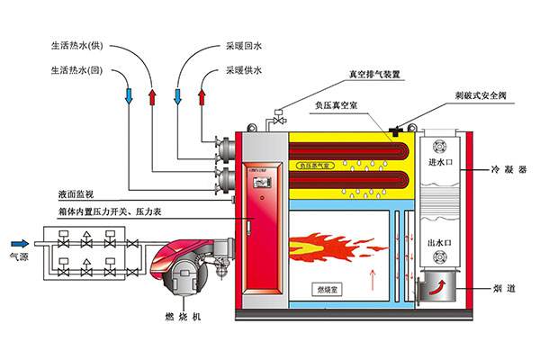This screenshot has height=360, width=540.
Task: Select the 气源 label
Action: pos(19,256)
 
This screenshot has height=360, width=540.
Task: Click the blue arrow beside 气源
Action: pos(19,242)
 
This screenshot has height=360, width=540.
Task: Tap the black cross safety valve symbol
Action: pos(395,131)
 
